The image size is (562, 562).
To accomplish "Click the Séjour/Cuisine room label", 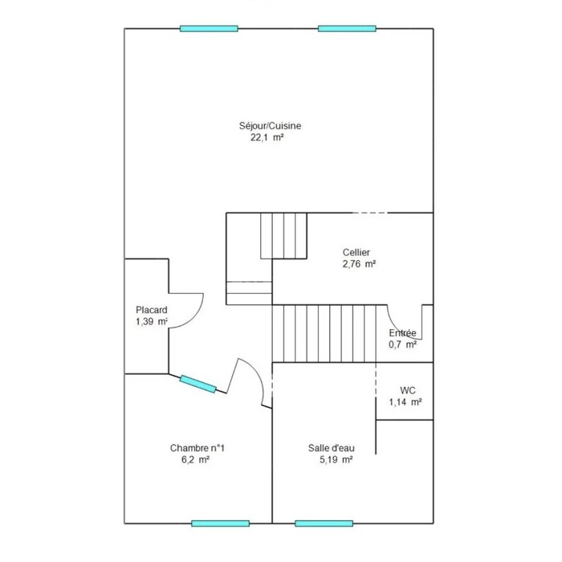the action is pos(270,126).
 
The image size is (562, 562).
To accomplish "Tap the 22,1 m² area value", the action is pos(267,137).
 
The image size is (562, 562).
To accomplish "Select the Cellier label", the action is pos(356,252).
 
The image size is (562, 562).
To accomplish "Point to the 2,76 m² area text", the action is pos(359,264).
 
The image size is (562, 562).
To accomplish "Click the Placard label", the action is pos(152,310).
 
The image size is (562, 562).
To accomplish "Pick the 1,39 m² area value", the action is pos(152,321).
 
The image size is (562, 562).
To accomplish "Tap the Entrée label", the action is pos(402,333).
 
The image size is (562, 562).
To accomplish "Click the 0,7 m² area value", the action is pos(402,344).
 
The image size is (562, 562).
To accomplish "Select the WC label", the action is pos(408,390).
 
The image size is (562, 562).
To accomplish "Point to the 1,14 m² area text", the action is pos(405,402).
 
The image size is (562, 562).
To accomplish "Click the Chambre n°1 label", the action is pos(198,448).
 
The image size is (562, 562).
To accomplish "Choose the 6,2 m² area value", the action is pos(195,459).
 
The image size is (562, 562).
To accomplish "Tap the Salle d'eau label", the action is pos(332,448).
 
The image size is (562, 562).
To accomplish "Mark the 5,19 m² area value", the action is pos(336,459).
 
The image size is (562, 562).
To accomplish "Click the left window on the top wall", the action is pos(209,29).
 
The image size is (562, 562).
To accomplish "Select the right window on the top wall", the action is pos(347,29).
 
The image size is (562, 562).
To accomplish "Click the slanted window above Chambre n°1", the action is pos(198,384).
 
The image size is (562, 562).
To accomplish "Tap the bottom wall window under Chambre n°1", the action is pos(221,523).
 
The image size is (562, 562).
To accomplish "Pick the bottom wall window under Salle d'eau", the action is pos(324,523).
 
